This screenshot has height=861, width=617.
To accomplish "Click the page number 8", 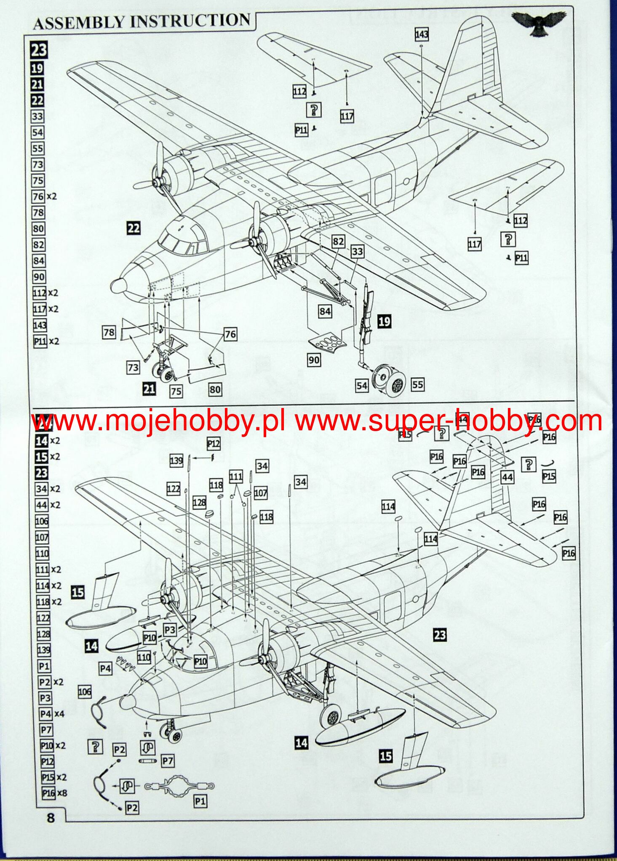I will tap(51, 817).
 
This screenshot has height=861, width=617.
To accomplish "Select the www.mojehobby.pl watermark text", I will tap(158, 421).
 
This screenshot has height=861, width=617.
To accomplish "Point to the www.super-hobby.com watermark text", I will tap(448, 421).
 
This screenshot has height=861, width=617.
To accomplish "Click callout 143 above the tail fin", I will tap(422, 34).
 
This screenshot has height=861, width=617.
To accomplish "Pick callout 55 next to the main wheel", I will tap(417, 384).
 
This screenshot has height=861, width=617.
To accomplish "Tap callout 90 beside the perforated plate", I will tap(314, 360).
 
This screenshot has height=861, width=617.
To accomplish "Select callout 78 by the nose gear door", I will tap(109, 332).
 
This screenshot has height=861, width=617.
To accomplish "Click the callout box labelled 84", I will tap(325, 312).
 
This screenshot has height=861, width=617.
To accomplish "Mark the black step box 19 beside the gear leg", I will tap(384, 322).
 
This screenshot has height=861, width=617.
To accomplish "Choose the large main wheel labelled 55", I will tap(395, 384).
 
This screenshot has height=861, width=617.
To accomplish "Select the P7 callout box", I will tap(168, 760).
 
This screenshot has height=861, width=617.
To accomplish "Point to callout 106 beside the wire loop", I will tap(85, 691).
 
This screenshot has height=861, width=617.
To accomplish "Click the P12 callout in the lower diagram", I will tap(214, 443).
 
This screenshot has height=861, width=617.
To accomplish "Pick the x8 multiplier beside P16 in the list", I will tap(62, 793).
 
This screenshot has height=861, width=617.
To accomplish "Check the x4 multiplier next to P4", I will tap(59, 713).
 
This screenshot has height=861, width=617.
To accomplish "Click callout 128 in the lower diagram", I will tap(199, 502).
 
